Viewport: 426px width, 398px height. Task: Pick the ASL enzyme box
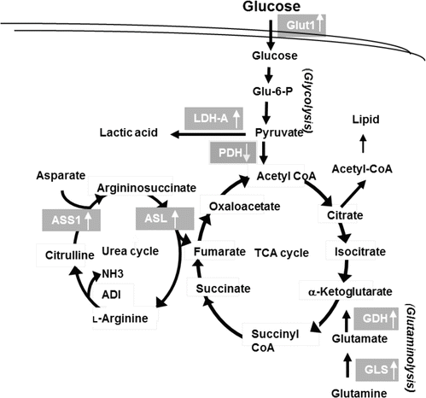[x=153, y=220]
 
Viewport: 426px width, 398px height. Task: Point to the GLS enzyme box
[x=375, y=371]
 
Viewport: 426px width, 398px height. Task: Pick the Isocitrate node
[x=350, y=252]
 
